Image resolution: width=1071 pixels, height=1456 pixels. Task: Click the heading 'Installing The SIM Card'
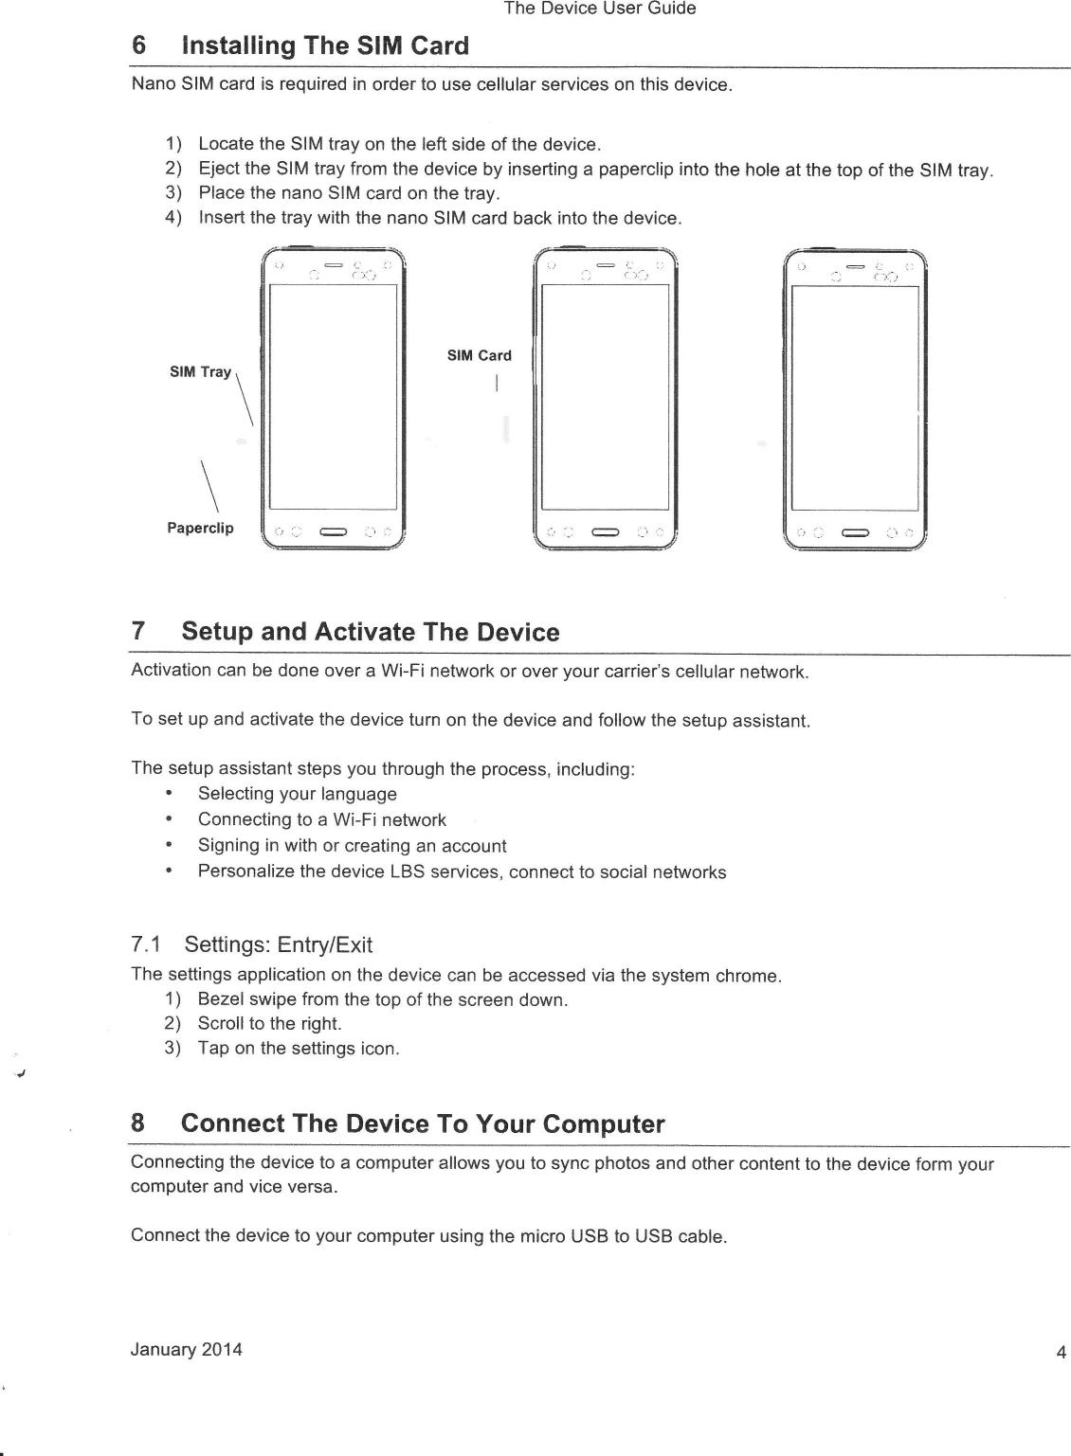(324, 45)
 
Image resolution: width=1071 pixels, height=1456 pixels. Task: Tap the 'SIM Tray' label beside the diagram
(200, 371)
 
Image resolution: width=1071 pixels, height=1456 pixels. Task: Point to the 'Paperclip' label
(200, 528)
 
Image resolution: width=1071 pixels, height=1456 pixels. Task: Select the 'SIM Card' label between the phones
(479, 355)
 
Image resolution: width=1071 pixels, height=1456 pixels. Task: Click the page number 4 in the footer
(1062, 1352)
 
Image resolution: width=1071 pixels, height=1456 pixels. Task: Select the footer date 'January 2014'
(187, 1349)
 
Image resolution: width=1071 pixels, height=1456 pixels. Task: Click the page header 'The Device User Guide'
(600, 9)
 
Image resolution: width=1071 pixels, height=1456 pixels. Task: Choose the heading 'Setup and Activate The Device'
(370, 632)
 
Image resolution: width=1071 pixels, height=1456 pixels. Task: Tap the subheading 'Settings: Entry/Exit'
(278, 944)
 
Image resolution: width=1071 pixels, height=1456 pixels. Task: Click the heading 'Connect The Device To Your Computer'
(423, 1123)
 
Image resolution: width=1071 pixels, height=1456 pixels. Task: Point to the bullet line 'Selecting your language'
(297, 794)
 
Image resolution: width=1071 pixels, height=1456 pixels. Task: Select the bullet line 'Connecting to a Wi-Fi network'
(321, 819)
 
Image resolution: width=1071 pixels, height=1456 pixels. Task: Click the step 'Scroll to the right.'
(269, 1023)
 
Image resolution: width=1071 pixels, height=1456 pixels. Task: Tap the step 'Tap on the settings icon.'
(298, 1048)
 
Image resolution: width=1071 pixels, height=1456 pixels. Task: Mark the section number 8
(138, 1123)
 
